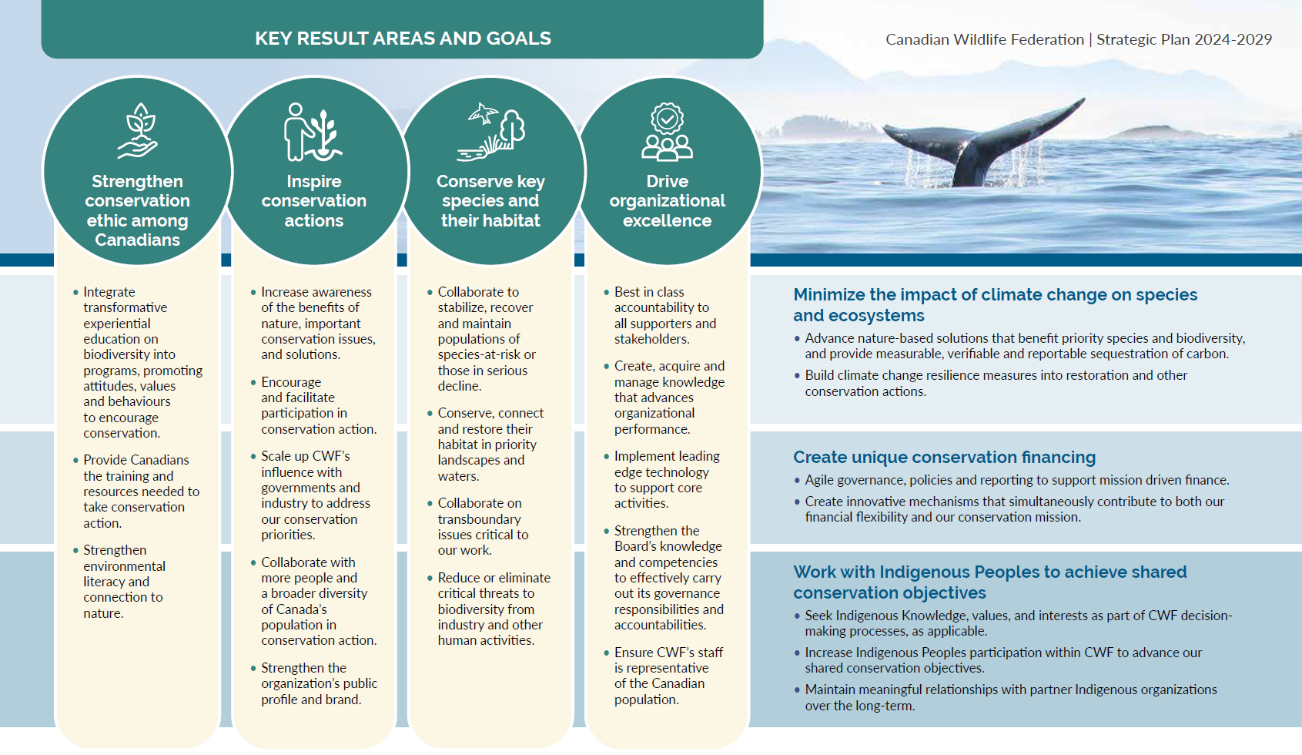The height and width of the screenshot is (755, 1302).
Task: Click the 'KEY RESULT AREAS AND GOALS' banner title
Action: click(x=403, y=39)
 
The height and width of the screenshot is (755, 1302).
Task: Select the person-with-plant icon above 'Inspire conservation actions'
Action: click(x=313, y=132)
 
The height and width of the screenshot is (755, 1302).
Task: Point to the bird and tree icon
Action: click(x=490, y=132)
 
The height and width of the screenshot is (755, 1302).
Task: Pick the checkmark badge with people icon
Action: click(x=667, y=132)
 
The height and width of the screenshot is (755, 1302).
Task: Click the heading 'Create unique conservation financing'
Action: click(x=945, y=457)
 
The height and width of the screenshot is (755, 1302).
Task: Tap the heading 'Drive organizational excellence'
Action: click(x=667, y=200)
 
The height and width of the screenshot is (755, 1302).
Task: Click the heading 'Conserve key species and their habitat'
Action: click(x=490, y=200)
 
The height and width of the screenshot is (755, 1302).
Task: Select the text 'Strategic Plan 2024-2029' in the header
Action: click(x=1185, y=39)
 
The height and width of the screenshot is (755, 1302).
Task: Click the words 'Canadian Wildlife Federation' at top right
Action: click(x=985, y=39)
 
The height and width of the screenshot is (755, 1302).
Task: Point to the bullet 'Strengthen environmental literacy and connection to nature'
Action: click(x=124, y=581)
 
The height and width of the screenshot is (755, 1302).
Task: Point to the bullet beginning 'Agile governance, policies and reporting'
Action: click(x=1012, y=480)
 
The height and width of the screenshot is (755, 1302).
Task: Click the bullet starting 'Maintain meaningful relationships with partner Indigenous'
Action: click(x=1006, y=697)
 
